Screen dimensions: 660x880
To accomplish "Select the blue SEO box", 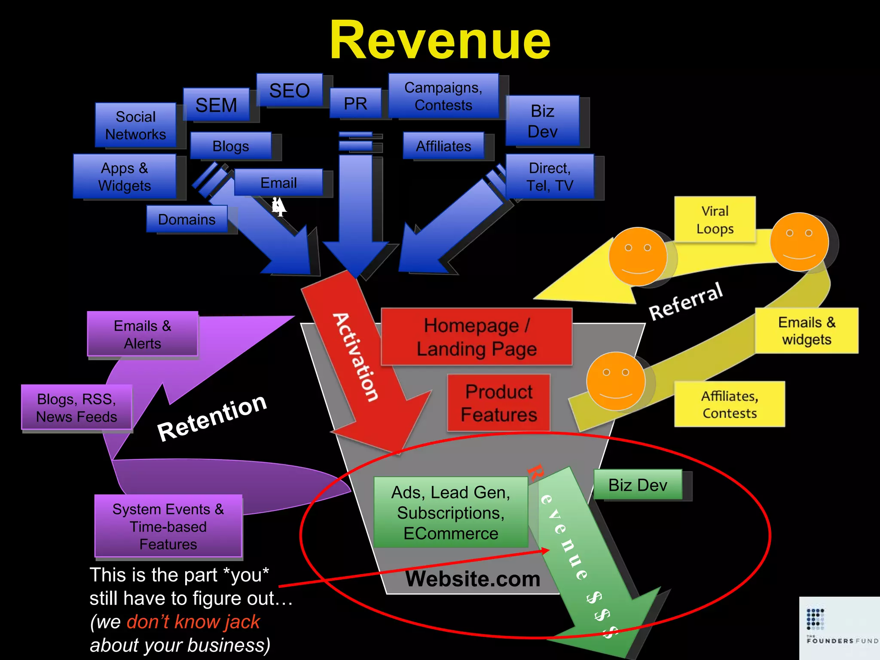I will (x=290, y=90).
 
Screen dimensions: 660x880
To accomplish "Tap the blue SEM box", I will (x=216, y=105).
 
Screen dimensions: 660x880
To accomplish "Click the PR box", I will (x=355, y=103).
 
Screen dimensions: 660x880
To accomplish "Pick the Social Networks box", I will (x=135, y=125).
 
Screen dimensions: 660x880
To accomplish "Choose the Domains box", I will (x=186, y=219).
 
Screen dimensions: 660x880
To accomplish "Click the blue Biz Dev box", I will (x=542, y=121).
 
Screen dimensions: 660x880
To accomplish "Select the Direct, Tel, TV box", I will (x=550, y=177).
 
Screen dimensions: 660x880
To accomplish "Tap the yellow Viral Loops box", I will (x=715, y=220).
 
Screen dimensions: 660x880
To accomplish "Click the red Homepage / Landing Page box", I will (x=477, y=337).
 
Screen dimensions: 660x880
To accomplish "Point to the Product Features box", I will (x=498, y=403).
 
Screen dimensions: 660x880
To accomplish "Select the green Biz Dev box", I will (x=638, y=485).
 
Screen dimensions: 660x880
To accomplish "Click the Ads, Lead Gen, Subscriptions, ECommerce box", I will (x=450, y=512).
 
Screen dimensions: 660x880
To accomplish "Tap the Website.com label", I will (x=473, y=579).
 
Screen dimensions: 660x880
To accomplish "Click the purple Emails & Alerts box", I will (x=142, y=334).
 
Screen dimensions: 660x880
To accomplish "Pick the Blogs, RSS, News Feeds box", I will (x=76, y=407).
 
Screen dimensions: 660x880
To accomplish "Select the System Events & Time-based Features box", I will (x=168, y=526).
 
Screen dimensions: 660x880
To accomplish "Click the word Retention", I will (x=212, y=417).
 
